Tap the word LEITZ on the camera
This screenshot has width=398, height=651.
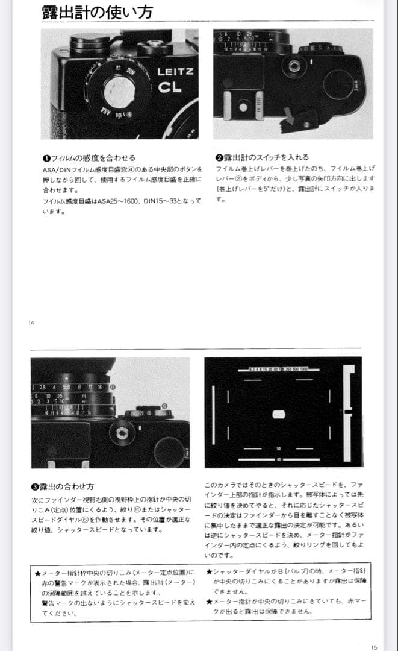[x=175, y=72]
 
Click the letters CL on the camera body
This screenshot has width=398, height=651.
[x=170, y=89]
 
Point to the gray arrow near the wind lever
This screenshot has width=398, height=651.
[x=291, y=117]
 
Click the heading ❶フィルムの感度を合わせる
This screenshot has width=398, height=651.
[x=89, y=158]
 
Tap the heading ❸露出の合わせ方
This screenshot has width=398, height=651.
[x=63, y=486]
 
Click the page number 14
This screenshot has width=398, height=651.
[x=31, y=322]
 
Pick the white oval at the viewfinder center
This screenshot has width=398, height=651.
[x=278, y=414]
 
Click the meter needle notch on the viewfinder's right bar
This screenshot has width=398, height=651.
[x=347, y=412]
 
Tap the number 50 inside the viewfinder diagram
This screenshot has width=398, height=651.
[x=279, y=448]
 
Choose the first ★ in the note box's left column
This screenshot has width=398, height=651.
[x=37, y=571]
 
